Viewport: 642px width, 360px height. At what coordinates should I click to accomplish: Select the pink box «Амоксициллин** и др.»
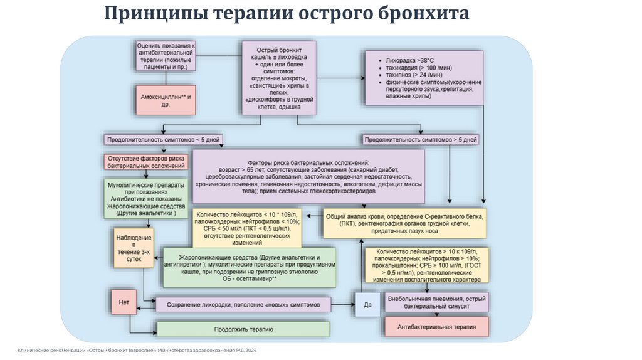166,100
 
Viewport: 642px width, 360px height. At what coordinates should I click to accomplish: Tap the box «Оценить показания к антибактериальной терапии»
166,56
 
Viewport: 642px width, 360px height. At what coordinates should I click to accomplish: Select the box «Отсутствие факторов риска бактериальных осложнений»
146,162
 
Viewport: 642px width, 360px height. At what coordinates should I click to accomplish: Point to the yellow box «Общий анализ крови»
404,223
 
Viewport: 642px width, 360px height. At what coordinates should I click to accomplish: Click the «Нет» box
124,302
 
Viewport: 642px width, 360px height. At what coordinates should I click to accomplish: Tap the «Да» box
367,305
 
